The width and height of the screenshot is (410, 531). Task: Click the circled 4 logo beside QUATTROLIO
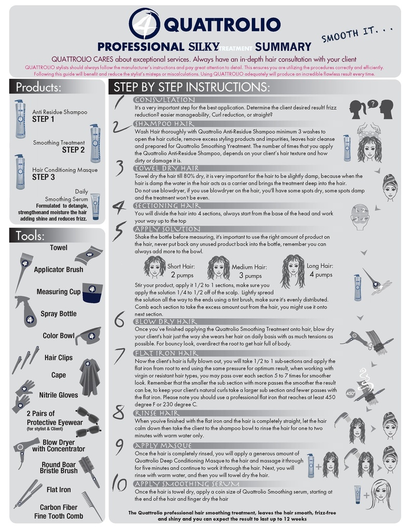pyautogui.click(x=145, y=24)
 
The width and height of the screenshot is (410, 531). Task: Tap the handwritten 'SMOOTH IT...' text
pyautogui.click(x=358, y=33)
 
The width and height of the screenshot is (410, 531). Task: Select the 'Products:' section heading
pyautogui.click(x=38, y=87)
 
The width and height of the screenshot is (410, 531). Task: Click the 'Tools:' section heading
pyautogui.click(x=30, y=236)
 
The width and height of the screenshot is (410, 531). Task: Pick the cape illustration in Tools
pyautogui.click(x=90, y=377)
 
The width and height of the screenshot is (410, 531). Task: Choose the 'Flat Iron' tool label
pyautogui.click(x=59, y=490)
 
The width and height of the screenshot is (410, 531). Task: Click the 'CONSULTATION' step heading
pyautogui.click(x=164, y=100)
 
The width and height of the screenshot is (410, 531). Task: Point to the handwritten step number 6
pyautogui.click(x=120, y=319)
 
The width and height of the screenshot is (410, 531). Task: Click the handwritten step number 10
pyautogui.click(x=119, y=484)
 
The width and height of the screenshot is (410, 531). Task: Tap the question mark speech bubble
pyautogui.click(x=372, y=104)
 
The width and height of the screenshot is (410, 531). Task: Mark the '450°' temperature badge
pyautogui.click(x=350, y=394)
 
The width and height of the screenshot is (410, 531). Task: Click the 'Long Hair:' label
pyautogui.click(x=320, y=266)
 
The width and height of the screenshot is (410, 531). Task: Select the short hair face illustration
pyautogui.click(x=154, y=267)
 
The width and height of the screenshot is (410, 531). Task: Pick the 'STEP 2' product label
pyautogui.click(x=73, y=150)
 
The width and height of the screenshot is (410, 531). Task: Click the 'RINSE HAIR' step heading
pyautogui.click(x=157, y=413)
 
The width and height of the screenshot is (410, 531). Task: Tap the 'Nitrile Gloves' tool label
pyautogui.click(x=59, y=395)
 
